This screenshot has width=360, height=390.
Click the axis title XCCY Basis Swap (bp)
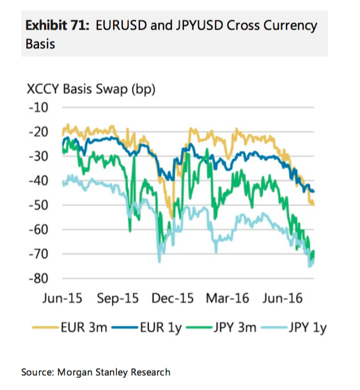tap(91, 89)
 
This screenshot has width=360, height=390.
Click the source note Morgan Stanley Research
tap(113, 372)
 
